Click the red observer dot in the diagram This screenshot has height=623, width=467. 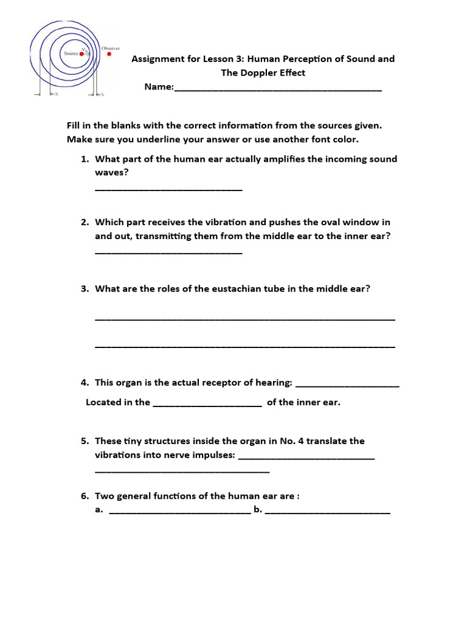pyautogui.click(x=109, y=54)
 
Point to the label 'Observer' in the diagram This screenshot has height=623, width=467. pyautogui.click(x=110, y=48)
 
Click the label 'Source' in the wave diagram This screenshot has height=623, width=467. pyautogui.click(x=71, y=54)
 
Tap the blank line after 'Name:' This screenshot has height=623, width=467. pyautogui.click(x=278, y=89)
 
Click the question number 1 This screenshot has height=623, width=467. pyautogui.click(x=85, y=159)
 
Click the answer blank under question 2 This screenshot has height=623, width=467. pyautogui.click(x=168, y=252)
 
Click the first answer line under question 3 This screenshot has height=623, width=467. pyautogui.click(x=245, y=318)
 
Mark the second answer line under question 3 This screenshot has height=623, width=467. pyautogui.click(x=245, y=346)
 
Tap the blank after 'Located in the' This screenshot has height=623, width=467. pyautogui.click(x=207, y=405)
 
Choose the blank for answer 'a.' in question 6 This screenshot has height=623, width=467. pyautogui.click(x=180, y=513)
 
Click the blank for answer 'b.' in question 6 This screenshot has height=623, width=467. pyautogui.click(x=328, y=513)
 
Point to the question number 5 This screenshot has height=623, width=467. pyautogui.click(x=85, y=440)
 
